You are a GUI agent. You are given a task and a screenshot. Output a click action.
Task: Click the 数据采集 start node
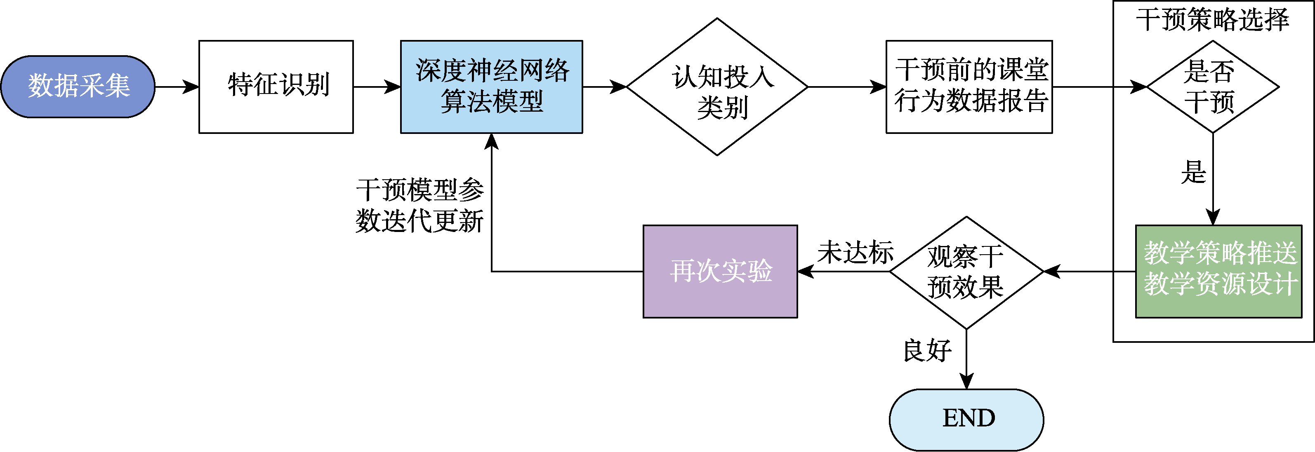tap(78, 87)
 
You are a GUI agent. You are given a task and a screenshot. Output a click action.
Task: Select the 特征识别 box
tap(276, 87)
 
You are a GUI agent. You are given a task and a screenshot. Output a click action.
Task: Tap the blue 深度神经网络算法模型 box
tap(491, 87)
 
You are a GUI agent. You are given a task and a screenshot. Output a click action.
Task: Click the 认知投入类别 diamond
tap(717, 87)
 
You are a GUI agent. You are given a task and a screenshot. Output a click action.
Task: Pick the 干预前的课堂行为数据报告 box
tap(969, 87)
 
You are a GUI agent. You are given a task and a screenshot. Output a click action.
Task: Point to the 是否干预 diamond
tap(1212, 87)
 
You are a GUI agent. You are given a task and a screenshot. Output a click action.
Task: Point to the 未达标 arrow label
tap(855, 253)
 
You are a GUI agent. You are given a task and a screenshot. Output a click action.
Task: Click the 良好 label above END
tap(927, 351)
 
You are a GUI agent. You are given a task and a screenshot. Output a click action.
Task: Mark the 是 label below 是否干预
tap(1193, 172)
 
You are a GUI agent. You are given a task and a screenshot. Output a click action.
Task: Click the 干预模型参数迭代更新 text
tap(419, 206)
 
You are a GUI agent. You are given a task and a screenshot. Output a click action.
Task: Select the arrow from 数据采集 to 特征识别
tap(177, 87)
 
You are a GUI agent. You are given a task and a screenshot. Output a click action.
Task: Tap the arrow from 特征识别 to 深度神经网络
tap(377, 87)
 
